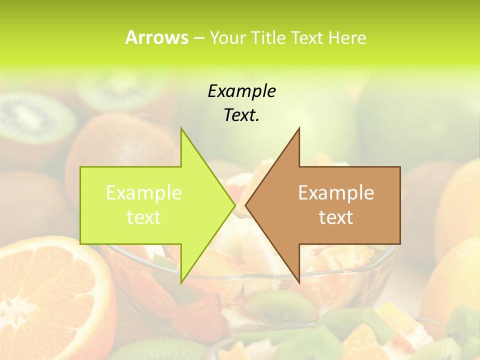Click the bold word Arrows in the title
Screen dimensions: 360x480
(x=156, y=37)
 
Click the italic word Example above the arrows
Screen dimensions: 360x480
(x=241, y=91)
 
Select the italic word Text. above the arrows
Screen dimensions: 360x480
(x=241, y=115)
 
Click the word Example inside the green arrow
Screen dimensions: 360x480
(x=143, y=192)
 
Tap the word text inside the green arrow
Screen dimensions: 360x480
(x=143, y=217)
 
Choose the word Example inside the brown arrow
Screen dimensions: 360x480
(x=336, y=192)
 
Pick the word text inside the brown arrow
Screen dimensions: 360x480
(x=336, y=217)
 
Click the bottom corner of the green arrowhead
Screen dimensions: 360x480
(x=181, y=282)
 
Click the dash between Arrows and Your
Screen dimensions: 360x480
(x=198, y=38)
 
